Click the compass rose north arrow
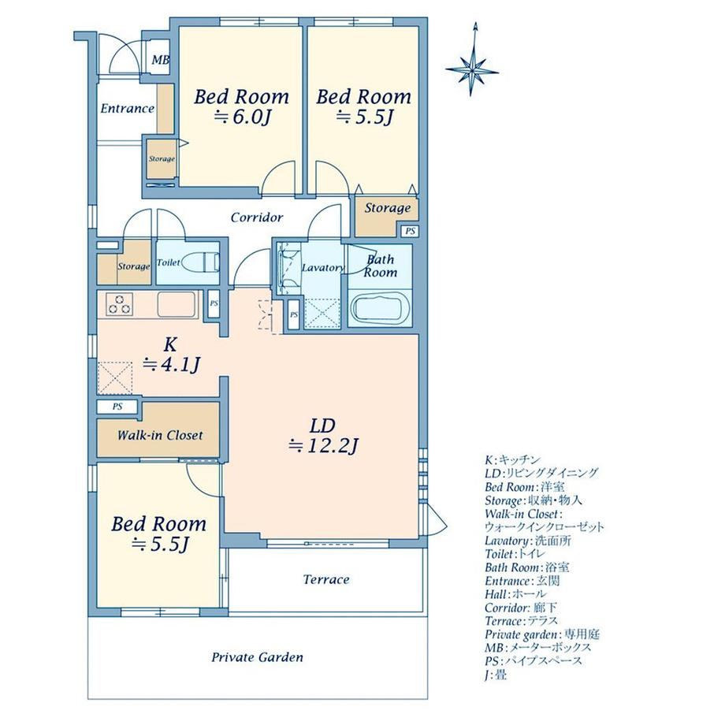coord(472,59)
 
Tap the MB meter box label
coord(161,60)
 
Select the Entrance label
coord(127,109)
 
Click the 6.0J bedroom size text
coord(241,117)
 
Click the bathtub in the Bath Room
coord(380,308)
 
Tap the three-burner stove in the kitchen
coord(119,304)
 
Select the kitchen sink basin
coord(177,304)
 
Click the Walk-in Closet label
coord(160,435)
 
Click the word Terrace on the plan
coord(326,579)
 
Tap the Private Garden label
coord(257,657)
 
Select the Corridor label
coord(257,217)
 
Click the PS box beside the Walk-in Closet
coord(117,407)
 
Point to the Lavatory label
coord(323,268)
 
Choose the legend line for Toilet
coord(515,554)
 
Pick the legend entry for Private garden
coord(542,634)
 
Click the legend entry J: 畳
coord(496,675)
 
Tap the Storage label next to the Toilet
coord(134,266)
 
